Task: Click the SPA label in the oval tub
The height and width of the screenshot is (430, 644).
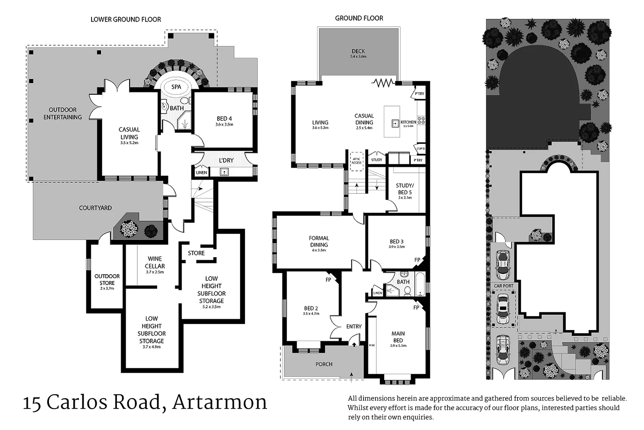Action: pos(176,87)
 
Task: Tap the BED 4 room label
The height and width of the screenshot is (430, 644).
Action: pos(224,119)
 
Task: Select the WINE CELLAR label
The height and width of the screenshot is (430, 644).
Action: pos(155,262)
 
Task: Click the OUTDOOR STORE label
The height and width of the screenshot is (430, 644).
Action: pos(107,279)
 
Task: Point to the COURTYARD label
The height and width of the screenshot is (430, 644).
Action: pos(95,208)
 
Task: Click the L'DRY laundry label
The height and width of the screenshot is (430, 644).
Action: pos(226,160)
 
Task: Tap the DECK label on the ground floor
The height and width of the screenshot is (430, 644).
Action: pos(358,51)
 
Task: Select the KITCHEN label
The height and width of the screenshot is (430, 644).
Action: pos(408,122)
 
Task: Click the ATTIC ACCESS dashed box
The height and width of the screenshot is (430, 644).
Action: pos(356,161)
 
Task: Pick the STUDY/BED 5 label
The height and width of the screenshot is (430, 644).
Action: pos(405,189)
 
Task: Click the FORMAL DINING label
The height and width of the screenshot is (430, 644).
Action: pos(319,241)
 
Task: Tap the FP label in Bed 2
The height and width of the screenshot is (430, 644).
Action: pos(328,280)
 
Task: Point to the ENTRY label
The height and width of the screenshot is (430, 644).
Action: pos(354,326)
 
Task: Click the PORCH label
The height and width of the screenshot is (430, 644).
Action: pos(324,364)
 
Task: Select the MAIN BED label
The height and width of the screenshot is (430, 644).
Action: pos(398,337)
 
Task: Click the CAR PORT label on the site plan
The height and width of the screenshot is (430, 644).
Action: pos(503,285)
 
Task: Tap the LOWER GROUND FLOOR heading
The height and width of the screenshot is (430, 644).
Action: pos(126,19)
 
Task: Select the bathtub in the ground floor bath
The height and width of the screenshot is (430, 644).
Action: pos(419,283)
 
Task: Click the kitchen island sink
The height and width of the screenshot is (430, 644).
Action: pos(395,123)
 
